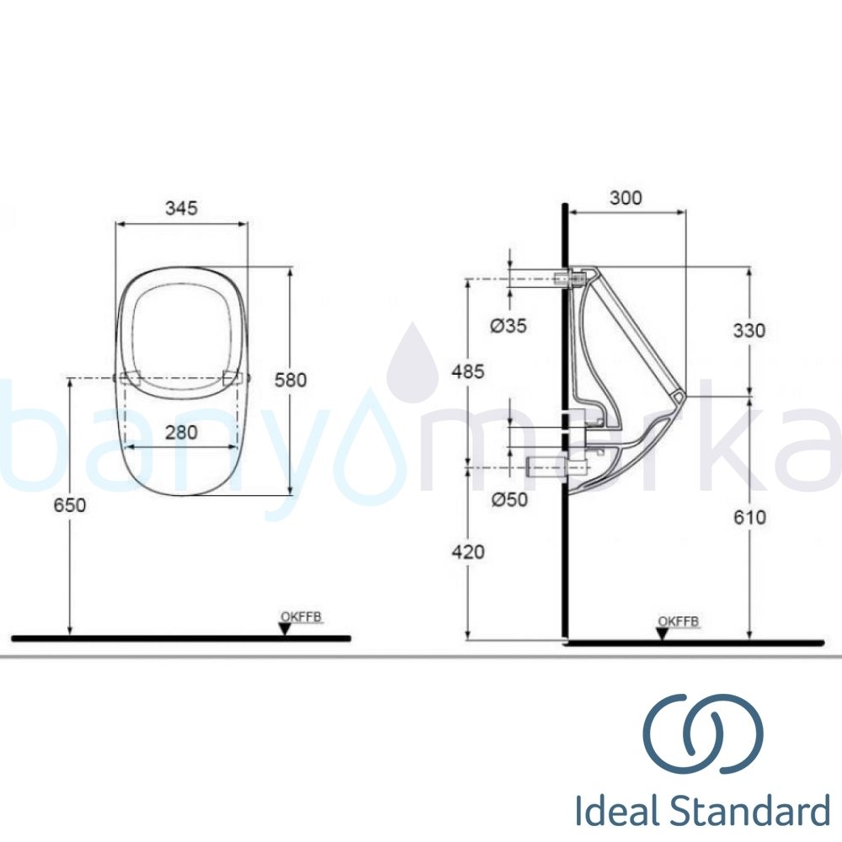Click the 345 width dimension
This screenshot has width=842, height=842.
(x=181, y=208)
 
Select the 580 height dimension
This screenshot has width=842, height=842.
(x=290, y=380)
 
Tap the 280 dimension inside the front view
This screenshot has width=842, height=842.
(x=181, y=433)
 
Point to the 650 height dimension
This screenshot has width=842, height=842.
(x=69, y=505)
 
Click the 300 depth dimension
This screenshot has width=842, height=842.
(x=625, y=198)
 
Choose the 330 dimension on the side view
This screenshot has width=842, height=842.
(x=749, y=331)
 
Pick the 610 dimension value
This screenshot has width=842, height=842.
(x=749, y=517)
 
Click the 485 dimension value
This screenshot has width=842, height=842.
(x=468, y=371)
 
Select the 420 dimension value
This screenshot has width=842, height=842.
(x=468, y=552)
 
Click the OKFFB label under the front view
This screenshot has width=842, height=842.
(x=301, y=618)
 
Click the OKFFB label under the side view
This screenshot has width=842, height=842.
(x=678, y=621)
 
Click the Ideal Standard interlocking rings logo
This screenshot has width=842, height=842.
(x=703, y=733)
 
